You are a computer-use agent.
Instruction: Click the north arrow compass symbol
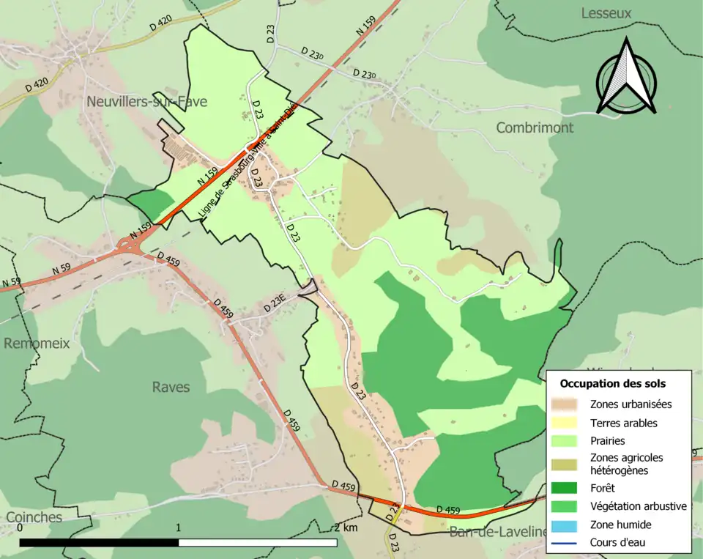[x=625, y=78]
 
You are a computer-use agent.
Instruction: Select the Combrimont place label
[x=535, y=127]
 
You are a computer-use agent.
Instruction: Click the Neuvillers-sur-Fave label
[x=146, y=102]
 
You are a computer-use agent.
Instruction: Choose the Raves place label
[x=171, y=387]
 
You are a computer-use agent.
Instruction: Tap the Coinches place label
[x=34, y=517]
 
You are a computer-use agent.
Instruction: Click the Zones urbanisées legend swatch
[x=567, y=404]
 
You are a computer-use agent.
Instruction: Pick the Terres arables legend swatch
[x=567, y=423]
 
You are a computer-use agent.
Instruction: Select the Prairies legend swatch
[x=567, y=441]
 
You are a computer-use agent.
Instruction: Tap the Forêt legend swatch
[x=567, y=487]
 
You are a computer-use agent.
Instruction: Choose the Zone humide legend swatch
[x=567, y=525]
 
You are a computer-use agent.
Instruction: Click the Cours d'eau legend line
[x=567, y=543]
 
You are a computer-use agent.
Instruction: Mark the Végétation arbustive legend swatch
[x=567, y=506]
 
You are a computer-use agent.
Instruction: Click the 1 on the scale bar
[x=179, y=527]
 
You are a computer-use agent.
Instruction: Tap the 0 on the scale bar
[x=20, y=527]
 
